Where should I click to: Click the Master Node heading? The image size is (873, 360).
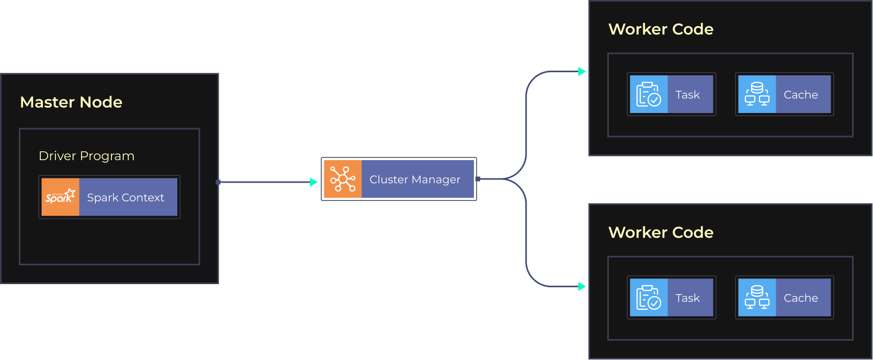[x=71, y=102]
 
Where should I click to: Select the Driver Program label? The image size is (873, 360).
[x=86, y=156]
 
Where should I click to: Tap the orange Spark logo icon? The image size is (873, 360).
[x=60, y=197]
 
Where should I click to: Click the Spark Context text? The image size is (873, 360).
[x=126, y=198]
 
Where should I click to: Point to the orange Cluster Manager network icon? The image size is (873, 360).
[x=343, y=179]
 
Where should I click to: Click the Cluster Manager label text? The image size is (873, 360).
[x=415, y=179]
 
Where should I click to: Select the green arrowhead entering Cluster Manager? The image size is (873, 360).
[x=314, y=182]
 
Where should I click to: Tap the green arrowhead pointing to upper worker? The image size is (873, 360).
[x=582, y=71]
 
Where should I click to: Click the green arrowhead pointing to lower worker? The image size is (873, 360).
[x=582, y=286]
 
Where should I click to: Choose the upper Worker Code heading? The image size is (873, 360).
[x=661, y=29]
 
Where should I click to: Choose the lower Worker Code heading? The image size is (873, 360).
[x=661, y=232]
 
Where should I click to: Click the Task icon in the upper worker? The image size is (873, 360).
[x=649, y=94]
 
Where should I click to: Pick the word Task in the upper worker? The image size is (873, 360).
[x=687, y=95]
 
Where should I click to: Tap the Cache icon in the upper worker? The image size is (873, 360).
[x=757, y=94]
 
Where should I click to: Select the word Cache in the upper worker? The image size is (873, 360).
[x=800, y=95]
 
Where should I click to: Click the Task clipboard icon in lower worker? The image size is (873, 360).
[x=649, y=297]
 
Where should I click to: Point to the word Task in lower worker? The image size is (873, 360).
[x=687, y=298]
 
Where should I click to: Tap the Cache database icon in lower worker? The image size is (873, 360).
[x=757, y=297]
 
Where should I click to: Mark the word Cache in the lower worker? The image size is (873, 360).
[x=800, y=298]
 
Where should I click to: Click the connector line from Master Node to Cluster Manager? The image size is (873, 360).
[x=264, y=182]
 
